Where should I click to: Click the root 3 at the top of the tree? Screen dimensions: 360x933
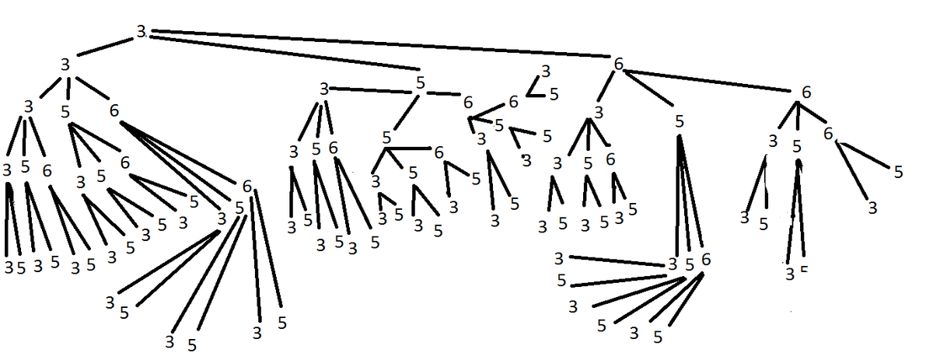point(141,32)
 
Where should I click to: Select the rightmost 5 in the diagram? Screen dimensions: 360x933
point(899,172)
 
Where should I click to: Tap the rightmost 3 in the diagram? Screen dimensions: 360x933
point(872,208)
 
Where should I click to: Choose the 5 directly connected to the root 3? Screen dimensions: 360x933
point(420,81)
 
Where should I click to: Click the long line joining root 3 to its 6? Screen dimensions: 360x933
point(381,43)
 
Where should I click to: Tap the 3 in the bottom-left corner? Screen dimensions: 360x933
point(8,267)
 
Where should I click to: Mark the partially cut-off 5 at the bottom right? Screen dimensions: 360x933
point(804,270)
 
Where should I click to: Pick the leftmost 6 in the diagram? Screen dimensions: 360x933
point(47,170)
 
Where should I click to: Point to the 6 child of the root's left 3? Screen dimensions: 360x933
point(114,111)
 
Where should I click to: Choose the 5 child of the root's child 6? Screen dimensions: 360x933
point(680,121)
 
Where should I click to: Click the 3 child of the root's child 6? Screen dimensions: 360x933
point(597,112)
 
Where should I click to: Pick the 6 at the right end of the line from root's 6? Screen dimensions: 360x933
point(805,92)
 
